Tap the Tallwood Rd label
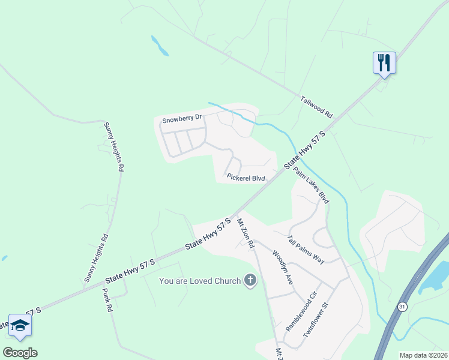(x=316, y=103)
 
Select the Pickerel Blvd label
(x=246, y=178)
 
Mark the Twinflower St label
(x=318, y=322)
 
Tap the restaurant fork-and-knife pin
(x=383, y=62)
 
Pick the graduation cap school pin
(x=20, y=325)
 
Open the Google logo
(x=20, y=352)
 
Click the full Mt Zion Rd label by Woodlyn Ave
(x=246, y=233)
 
